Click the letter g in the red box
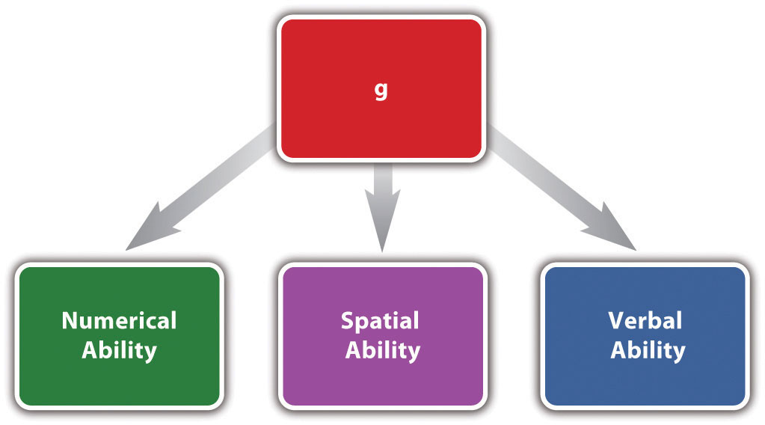(381, 91)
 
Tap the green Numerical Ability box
(119, 374)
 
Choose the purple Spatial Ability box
(381, 378)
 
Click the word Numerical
(119, 321)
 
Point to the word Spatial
(380, 322)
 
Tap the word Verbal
(645, 321)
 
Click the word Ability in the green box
(119, 350)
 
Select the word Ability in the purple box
(382, 350)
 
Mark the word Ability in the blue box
(648, 350)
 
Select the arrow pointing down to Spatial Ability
(382, 198)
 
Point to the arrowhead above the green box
(150, 233)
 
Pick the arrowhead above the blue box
(613, 233)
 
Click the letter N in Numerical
(70, 321)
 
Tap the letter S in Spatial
(348, 322)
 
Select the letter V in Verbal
(616, 321)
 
